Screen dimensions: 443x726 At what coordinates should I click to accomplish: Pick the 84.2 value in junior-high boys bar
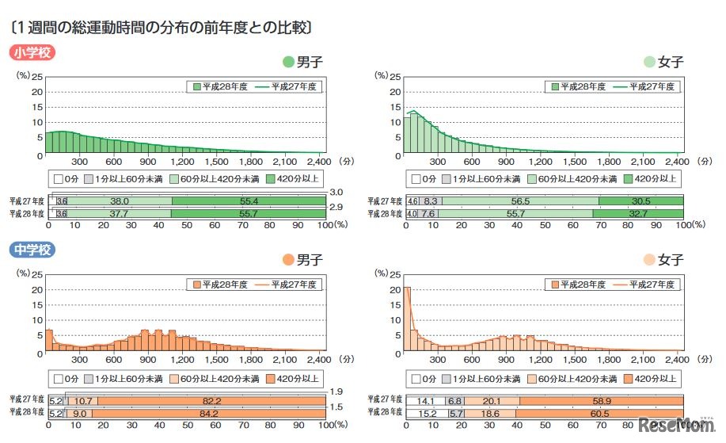[x=210, y=413]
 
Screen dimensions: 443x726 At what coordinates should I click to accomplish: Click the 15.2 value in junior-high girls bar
[x=425, y=413]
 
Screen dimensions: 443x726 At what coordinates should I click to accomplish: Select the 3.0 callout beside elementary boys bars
[x=336, y=192]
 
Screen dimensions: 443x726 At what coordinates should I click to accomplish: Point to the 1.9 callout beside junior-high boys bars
[x=336, y=391]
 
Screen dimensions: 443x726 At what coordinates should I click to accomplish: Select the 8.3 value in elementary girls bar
[x=430, y=201]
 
